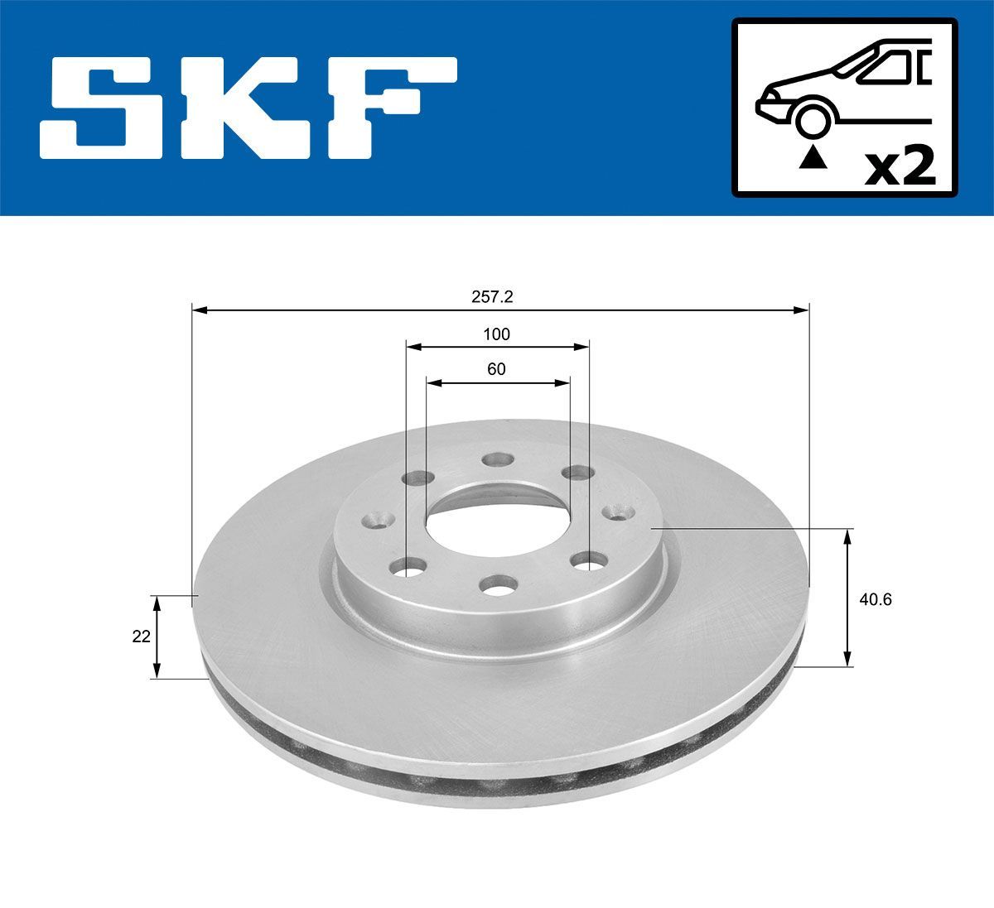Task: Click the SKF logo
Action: point(249,108)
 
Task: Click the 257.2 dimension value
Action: point(498,296)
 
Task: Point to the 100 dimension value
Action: point(497,334)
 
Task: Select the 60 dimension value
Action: point(496,369)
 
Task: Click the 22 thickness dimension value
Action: point(142,636)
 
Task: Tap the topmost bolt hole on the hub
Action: point(498,460)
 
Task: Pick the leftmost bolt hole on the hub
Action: point(379,521)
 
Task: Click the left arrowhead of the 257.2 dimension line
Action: point(198,310)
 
